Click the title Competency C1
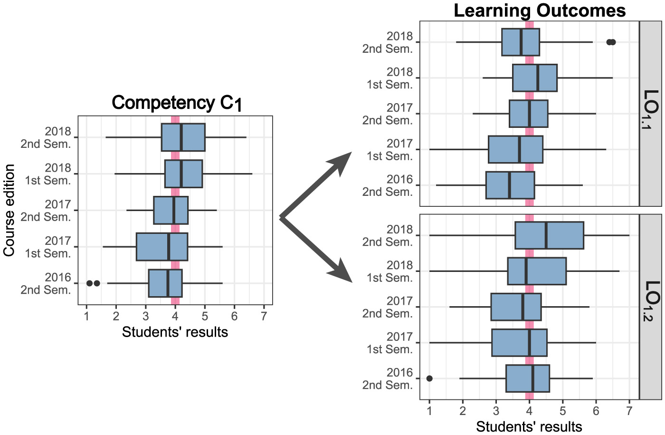point(177,103)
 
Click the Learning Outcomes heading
point(540,10)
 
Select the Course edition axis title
point(9,210)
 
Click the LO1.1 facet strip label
point(651,113)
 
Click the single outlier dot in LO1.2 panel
point(429,378)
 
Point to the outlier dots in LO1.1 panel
point(611,42)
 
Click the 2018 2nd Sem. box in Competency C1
point(183,137)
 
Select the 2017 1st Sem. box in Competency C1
point(161,247)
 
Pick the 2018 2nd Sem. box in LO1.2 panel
point(549,235)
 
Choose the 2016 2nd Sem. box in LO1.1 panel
point(510,185)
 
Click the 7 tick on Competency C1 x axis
point(264,316)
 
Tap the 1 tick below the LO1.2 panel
point(429,410)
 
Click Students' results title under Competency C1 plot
point(175,332)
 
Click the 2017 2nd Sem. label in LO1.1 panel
point(388,114)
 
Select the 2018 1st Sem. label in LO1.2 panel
point(389,271)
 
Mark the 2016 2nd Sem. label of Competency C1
point(46,284)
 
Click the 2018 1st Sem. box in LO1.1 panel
point(535,78)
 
